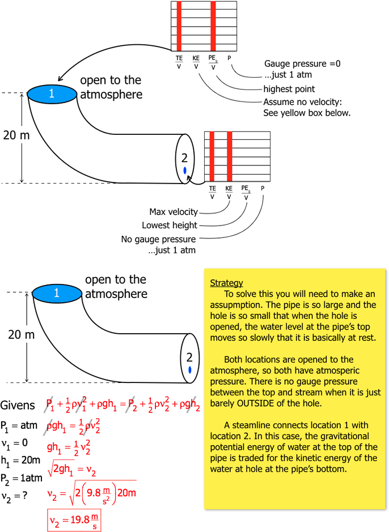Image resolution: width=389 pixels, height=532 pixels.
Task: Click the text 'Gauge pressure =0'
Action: pyautogui.click(x=302, y=64)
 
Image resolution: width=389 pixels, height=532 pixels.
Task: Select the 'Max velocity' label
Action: pyautogui.click(x=174, y=212)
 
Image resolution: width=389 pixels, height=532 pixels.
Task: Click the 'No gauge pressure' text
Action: pyautogui.click(x=158, y=239)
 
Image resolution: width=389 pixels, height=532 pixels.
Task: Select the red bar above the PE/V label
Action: pyautogui.click(x=213, y=25)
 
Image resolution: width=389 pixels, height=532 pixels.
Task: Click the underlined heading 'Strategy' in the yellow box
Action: pyautogui.click(x=226, y=283)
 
